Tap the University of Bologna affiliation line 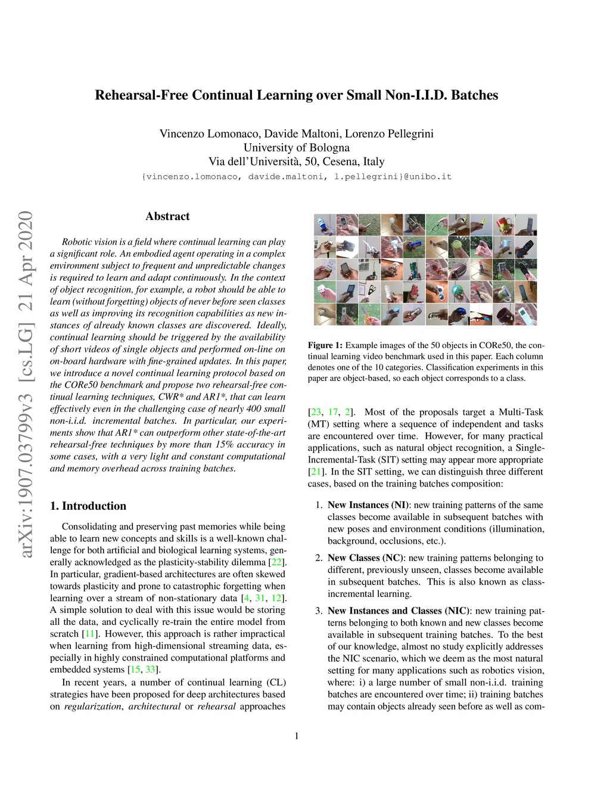(x=296, y=148)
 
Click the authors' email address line (x=296, y=177)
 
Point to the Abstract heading (x=167, y=216)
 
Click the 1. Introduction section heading (x=88, y=506)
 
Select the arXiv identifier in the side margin (x=26, y=384)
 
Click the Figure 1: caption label (x=325, y=345)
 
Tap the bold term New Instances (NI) (x=368, y=505)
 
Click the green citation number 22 (x=276, y=562)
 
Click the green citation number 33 (x=151, y=670)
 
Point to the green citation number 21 (x=316, y=472)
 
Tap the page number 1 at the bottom (x=297, y=736)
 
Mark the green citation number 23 (x=316, y=412)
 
